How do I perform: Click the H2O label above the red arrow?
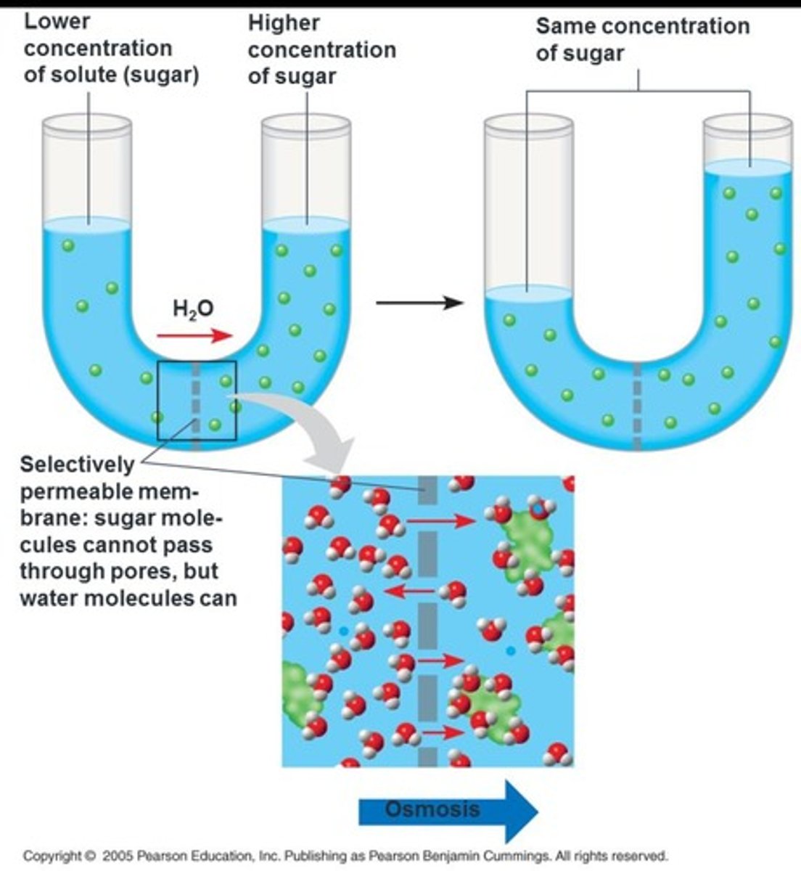pos(193,308)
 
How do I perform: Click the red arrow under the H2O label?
pos(195,335)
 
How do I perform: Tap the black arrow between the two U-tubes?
pos(419,302)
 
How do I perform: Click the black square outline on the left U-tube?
pos(159,400)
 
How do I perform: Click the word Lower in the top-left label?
pos(57,21)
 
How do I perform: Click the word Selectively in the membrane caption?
pos(77,464)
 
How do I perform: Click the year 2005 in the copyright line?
pos(117,855)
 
